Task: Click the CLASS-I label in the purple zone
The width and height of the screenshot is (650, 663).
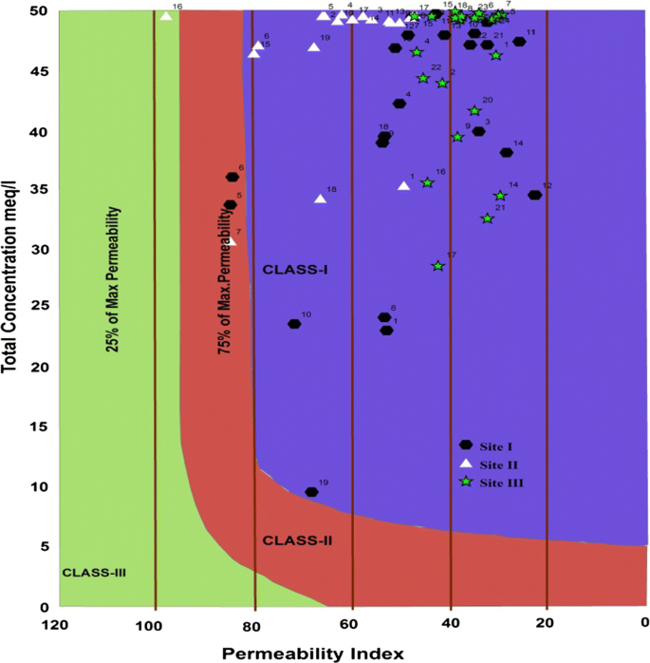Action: [x=295, y=270]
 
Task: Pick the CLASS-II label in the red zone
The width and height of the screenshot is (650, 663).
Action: [x=296, y=540]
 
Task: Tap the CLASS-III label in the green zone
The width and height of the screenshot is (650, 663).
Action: [x=94, y=573]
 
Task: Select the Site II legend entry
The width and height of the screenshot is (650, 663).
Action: [x=491, y=464]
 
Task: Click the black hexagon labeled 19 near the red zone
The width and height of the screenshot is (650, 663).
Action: [x=311, y=492]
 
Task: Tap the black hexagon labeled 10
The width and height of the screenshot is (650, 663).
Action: [x=294, y=324]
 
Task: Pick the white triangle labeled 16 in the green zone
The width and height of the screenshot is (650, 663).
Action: [x=166, y=15]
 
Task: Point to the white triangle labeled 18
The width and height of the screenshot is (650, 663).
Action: [x=321, y=199]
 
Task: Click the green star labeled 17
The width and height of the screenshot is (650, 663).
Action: [x=437, y=266]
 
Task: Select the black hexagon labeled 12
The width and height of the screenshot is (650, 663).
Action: [x=534, y=195]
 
